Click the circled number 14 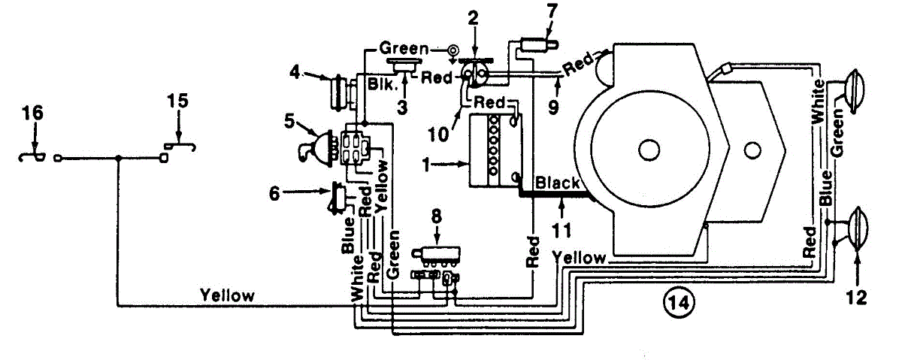pyautogui.click(x=679, y=303)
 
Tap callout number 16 pyautogui.click(x=33, y=113)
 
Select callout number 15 pyautogui.click(x=178, y=101)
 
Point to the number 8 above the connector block pyautogui.click(x=437, y=216)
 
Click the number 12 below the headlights pyautogui.click(x=856, y=298)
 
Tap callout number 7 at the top pyautogui.click(x=552, y=11)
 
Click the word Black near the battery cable pyautogui.click(x=557, y=183)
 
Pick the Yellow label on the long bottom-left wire pyautogui.click(x=228, y=295)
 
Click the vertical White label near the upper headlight pyautogui.click(x=819, y=101)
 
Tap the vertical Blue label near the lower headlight pyautogui.click(x=825, y=189)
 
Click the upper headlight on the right pyautogui.click(x=855, y=91)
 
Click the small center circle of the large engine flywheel pyautogui.click(x=649, y=150)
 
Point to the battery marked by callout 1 pyautogui.click(x=496, y=150)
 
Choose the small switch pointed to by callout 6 pyautogui.click(x=338, y=198)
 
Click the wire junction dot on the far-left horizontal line pyautogui.click(x=119, y=159)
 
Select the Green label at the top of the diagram pyautogui.click(x=404, y=49)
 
